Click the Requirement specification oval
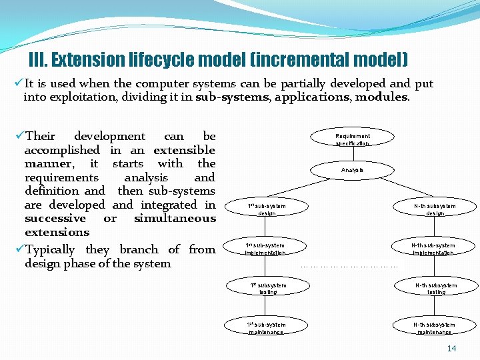click(x=353, y=139)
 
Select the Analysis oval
click(x=353, y=170)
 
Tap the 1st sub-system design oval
click(x=267, y=209)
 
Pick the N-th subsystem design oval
click(x=435, y=209)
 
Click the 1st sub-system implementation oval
click(x=265, y=249)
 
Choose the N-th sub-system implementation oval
click(x=433, y=249)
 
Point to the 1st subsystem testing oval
click(x=268, y=288)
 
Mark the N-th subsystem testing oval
click(x=436, y=288)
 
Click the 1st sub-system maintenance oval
click(x=266, y=327)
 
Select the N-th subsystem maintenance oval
click(x=435, y=327)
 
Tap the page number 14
click(x=451, y=349)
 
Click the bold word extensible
click(x=184, y=150)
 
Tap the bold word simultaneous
click(x=175, y=219)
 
